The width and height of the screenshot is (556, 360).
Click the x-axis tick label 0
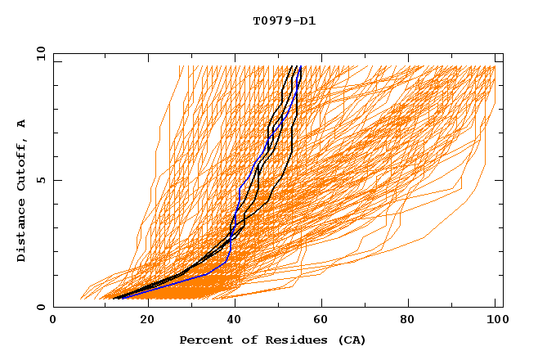53,322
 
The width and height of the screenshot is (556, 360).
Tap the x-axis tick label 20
146,322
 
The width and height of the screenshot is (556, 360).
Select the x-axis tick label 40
235,322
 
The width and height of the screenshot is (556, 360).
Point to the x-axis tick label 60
323,322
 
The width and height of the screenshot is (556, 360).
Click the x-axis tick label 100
496,322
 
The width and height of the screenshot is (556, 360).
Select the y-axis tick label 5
39,180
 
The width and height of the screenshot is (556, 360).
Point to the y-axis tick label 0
39,307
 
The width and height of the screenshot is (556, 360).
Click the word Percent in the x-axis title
205,340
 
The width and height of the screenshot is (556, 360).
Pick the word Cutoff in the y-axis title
22,162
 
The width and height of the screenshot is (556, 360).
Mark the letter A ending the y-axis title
22,123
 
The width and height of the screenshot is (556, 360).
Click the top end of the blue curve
301,66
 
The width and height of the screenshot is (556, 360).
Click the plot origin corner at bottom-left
53,307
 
